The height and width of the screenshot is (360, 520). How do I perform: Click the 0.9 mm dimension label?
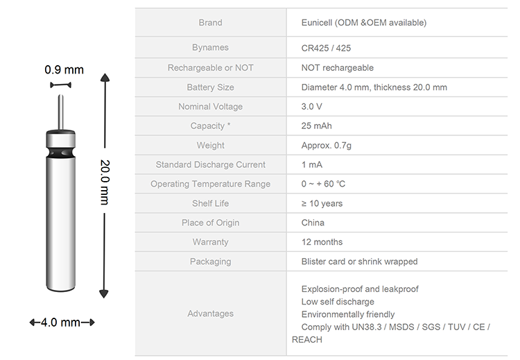pyautogui.click(x=64, y=69)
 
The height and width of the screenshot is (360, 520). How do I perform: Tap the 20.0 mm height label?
pyautogui.click(x=105, y=182)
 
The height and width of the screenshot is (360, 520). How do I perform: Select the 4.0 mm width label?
pyautogui.click(x=60, y=322)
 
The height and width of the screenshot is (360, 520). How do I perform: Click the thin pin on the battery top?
pyautogui.click(x=61, y=112)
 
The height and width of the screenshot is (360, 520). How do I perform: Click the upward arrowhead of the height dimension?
pyautogui.click(x=105, y=78)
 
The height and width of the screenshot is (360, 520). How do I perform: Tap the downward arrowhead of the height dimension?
pyautogui.click(x=104, y=293)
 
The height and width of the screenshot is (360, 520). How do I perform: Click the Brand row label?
pyautogui.click(x=210, y=23)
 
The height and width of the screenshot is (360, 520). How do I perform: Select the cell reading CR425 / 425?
pyautogui.click(x=326, y=48)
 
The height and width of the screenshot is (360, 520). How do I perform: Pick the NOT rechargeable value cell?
pyautogui.click(x=337, y=68)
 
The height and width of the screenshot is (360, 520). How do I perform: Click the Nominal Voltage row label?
pyautogui.click(x=210, y=107)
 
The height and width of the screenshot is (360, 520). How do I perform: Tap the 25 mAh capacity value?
pyautogui.click(x=316, y=126)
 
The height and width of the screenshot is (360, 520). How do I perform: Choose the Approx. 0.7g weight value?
pyautogui.click(x=327, y=146)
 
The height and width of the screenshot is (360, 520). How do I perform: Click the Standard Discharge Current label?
pyautogui.click(x=210, y=164)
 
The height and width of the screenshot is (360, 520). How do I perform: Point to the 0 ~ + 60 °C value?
pyautogui.click(x=323, y=184)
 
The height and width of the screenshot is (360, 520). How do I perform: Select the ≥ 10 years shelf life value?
pyautogui.click(x=322, y=203)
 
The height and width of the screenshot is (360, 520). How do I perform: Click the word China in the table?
pyautogui.click(x=313, y=223)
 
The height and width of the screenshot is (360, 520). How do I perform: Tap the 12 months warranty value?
pyautogui.click(x=322, y=242)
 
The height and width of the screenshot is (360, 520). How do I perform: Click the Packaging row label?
pyautogui.click(x=210, y=262)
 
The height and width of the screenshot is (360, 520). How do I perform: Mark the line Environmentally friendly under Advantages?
pyautogui.click(x=348, y=314)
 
